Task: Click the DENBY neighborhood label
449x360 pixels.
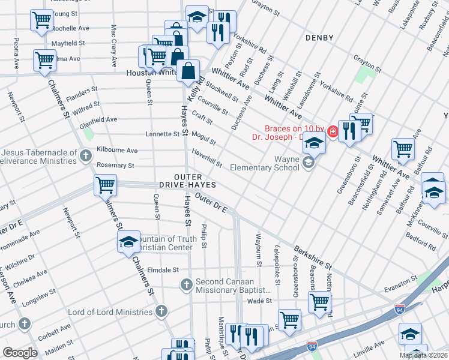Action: [319, 38]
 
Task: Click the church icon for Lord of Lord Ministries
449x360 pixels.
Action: [161, 311]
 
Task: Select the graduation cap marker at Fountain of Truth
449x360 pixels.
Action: [128, 242]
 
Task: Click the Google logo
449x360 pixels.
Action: [20, 352]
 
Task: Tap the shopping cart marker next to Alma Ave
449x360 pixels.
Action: [45, 60]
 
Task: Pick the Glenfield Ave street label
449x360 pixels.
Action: [98, 119]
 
